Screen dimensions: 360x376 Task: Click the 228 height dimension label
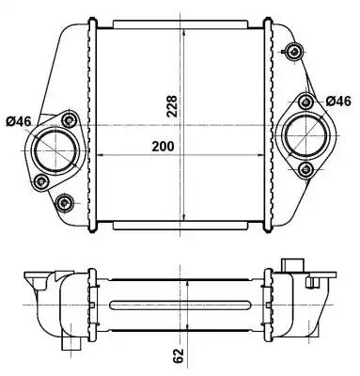pyautogui.click(x=172, y=106)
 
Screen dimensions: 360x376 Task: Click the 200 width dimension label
pyautogui.click(x=163, y=147)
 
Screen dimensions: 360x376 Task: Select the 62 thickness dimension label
pyautogui.click(x=178, y=355)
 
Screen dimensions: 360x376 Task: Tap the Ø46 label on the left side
pyautogui.click(x=19, y=121)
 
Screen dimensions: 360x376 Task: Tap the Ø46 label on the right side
pyautogui.click(x=338, y=102)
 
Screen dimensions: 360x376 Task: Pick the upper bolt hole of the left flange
pyautogui.click(x=69, y=119)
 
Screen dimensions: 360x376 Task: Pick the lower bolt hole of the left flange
pyautogui.click(x=41, y=180)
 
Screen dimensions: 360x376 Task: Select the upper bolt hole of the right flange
pyautogui.click(x=305, y=102)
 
